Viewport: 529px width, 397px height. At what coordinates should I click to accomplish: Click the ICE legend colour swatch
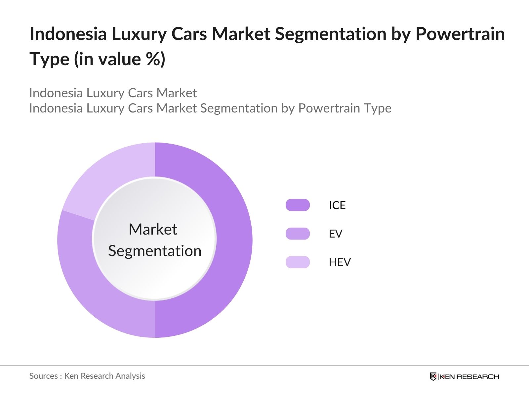pyautogui.click(x=298, y=205)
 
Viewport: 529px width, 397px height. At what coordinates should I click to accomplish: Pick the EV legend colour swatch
pyautogui.click(x=298, y=234)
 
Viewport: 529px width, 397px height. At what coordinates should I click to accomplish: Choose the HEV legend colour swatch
pyautogui.click(x=298, y=262)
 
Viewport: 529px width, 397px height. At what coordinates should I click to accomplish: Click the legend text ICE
pyautogui.click(x=337, y=205)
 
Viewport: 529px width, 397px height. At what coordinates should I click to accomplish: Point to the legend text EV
pyautogui.click(x=335, y=234)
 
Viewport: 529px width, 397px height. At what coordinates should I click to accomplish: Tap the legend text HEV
pyautogui.click(x=340, y=262)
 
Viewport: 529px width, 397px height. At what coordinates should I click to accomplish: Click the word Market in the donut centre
pyautogui.click(x=153, y=229)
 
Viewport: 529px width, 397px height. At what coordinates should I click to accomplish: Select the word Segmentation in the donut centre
pyautogui.click(x=155, y=251)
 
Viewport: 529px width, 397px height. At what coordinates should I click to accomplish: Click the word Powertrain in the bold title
pyautogui.click(x=460, y=34)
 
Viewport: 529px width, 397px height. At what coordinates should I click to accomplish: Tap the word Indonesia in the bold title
pyautogui.click(x=68, y=34)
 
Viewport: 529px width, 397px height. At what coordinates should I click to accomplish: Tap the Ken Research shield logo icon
pyautogui.click(x=433, y=376)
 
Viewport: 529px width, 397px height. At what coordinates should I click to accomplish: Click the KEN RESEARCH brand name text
pyautogui.click(x=469, y=376)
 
